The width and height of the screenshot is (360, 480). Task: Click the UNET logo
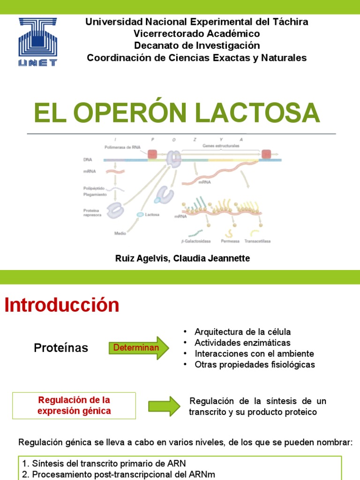[37, 42]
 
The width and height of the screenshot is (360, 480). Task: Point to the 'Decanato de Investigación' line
[196, 45]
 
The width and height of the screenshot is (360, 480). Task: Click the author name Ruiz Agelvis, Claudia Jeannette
[182, 259]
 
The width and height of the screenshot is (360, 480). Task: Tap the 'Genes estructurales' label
[221, 146]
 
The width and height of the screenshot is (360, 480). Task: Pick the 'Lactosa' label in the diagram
[152, 215]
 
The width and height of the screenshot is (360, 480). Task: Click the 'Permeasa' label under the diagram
[230, 241]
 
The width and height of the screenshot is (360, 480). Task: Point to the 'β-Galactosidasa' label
[196, 241]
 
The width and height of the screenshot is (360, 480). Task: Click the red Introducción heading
[62, 305]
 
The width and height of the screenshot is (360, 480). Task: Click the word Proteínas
[61, 348]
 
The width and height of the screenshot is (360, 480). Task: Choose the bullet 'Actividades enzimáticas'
[242, 343]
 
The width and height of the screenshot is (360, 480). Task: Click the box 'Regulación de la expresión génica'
[74, 405]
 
